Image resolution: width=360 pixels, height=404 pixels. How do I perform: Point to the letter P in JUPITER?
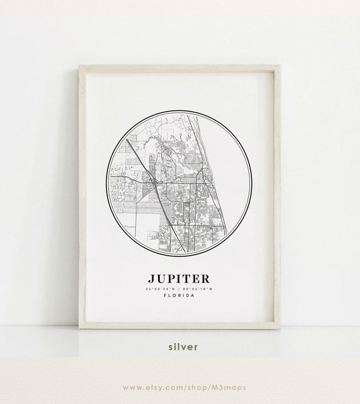(174, 278)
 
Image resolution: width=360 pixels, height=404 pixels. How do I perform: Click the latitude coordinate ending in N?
(162, 289)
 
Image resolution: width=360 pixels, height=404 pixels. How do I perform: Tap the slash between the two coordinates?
(180, 289)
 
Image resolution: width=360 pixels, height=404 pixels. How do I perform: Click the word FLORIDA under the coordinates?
(179, 296)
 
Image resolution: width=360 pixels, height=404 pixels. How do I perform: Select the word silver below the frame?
(183, 346)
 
